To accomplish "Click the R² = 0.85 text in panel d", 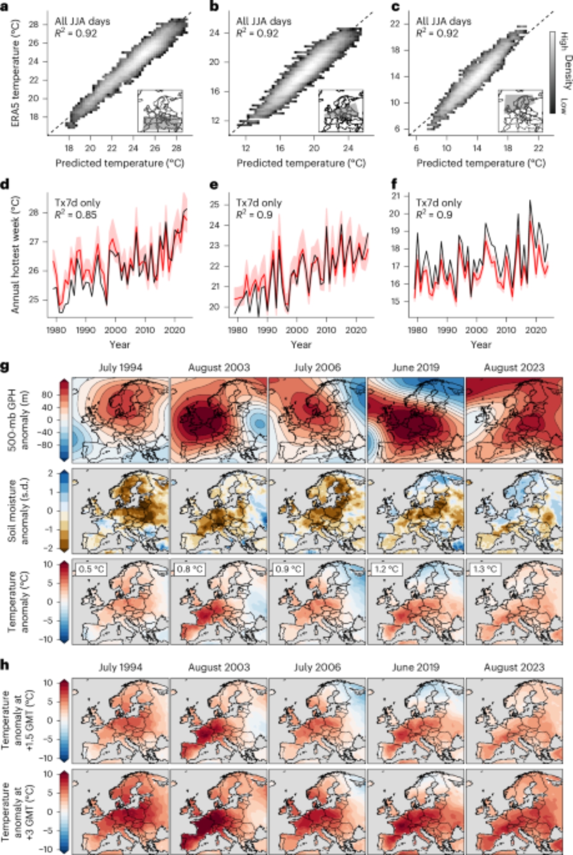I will (x=75, y=215).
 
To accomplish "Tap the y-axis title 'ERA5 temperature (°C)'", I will (x=16, y=73).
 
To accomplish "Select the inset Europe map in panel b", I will (x=341, y=111).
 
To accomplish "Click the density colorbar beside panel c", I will (x=552, y=72).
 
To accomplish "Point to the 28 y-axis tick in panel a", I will (x=34, y=24).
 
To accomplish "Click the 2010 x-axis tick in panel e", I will (x=326, y=330).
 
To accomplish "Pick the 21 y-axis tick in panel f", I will (x=395, y=196).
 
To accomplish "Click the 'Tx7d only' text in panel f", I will (x=439, y=203).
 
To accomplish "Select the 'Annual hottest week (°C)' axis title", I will (x=16, y=255).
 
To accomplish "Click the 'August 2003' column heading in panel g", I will (x=219, y=368).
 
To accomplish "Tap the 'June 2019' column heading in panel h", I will (x=415, y=667).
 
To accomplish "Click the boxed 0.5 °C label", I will (x=92, y=569).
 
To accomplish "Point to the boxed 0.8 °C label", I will (x=190, y=569).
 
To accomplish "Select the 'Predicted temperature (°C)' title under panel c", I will (x=481, y=163).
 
